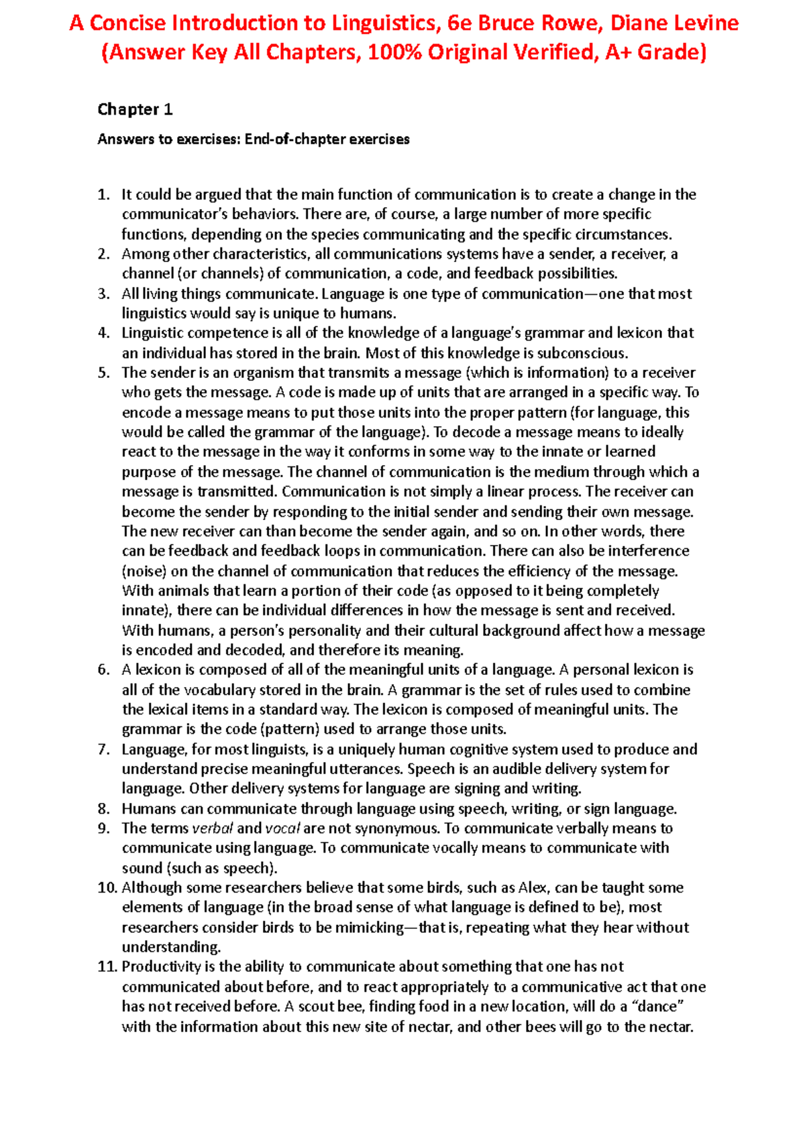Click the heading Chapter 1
(x=135, y=109)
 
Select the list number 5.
(x=103, y=373)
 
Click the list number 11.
(x=107, y=966)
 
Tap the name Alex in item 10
(x=533, y=887)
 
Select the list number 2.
(x=103, y=254)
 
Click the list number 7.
(x=103, y=749)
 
